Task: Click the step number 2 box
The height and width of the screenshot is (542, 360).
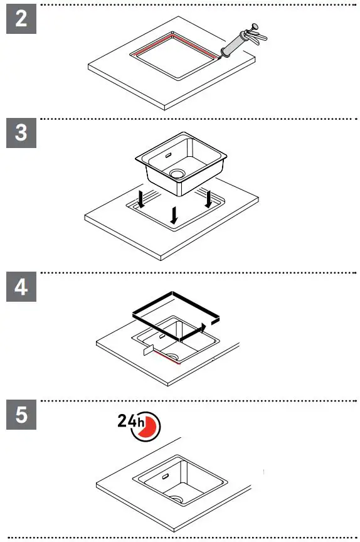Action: pos(21,18)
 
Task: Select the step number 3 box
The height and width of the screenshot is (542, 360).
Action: pos(21,134)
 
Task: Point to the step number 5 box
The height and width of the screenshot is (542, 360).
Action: pos(21,417)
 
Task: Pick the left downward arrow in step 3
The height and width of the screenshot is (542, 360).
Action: pos(142,200)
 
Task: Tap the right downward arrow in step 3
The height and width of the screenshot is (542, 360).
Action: pos(208,199)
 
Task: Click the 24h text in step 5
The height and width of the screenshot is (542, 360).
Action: pos(130,422)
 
